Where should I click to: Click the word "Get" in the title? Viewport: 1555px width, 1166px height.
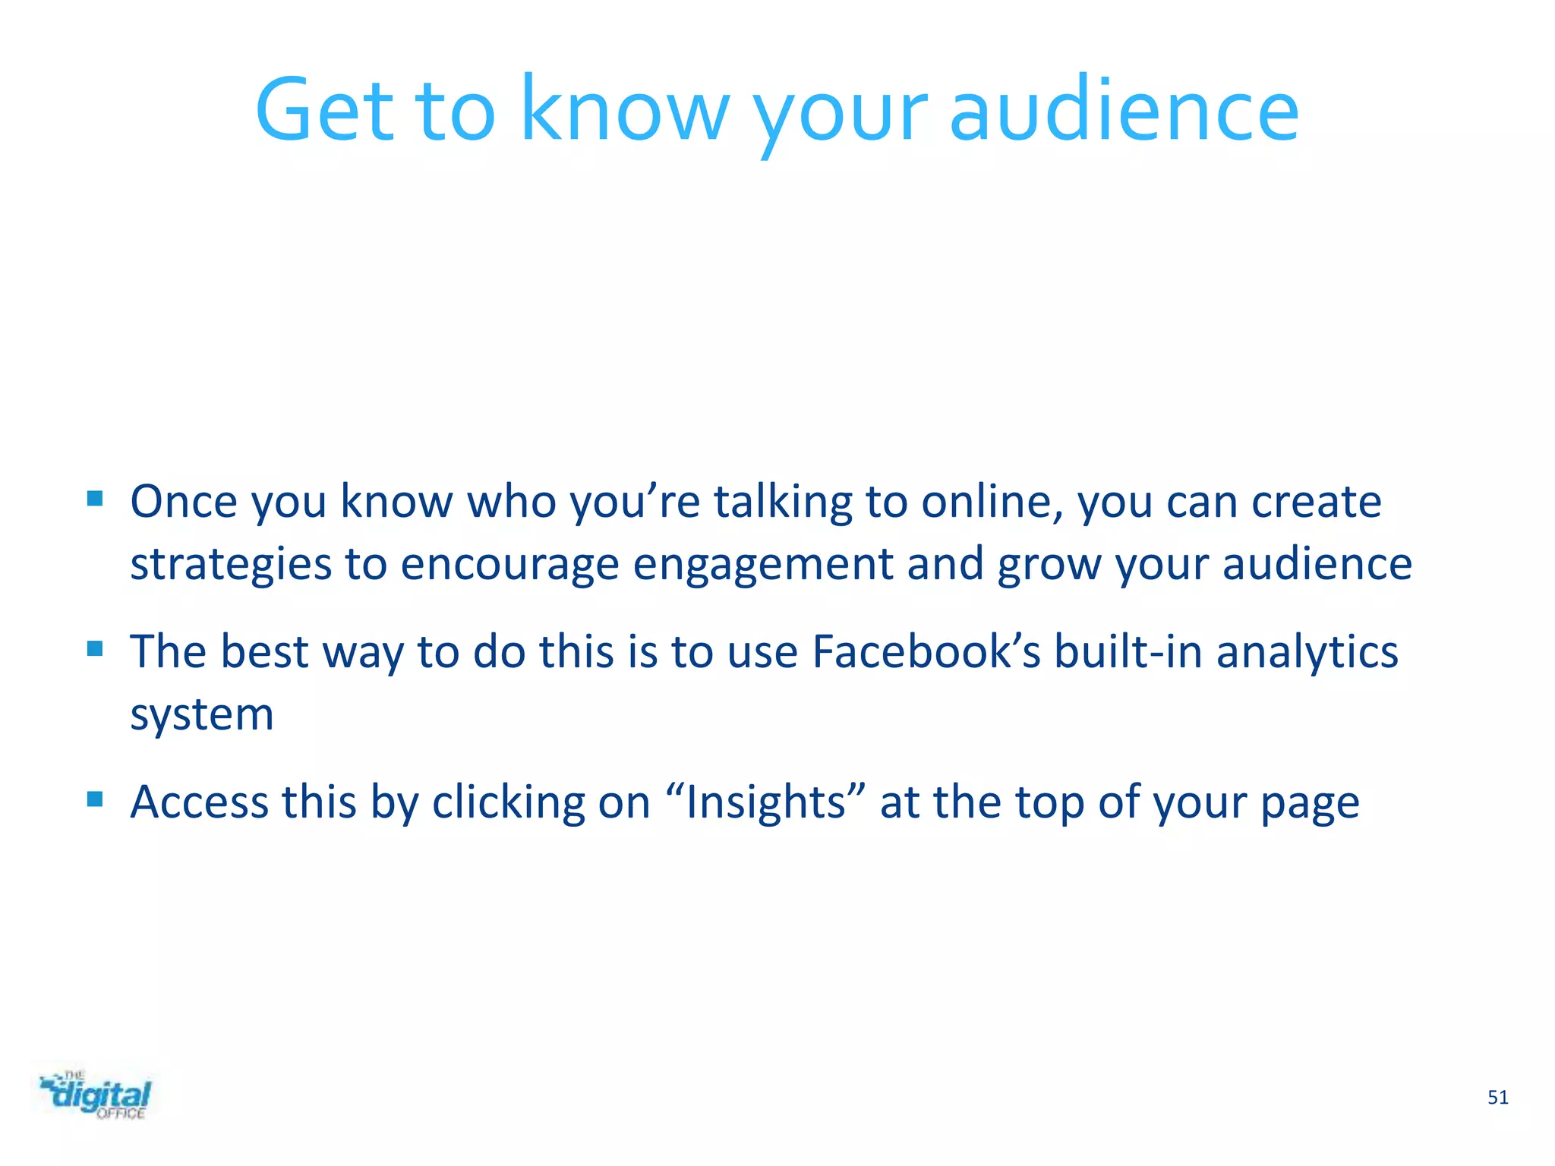pos(325,110)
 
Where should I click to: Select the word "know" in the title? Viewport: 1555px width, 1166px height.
pos(625,110)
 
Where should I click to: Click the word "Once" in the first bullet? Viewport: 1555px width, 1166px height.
pos(184,502)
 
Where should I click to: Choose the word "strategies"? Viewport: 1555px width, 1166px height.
pos(231,565)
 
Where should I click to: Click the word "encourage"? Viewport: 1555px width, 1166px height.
pos(509,565)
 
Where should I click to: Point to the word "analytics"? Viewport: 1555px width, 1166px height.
pos(1307,652)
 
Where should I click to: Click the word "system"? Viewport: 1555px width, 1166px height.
pos(202,715)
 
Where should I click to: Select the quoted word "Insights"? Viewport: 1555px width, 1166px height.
pos(765,802)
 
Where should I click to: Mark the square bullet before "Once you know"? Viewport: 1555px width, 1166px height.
pos(95,499)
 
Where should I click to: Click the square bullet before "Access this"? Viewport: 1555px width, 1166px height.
pos(95,799)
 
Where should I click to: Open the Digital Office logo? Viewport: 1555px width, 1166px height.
pos(96,1095)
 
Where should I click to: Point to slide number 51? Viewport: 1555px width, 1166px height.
pos(1497,1098)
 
